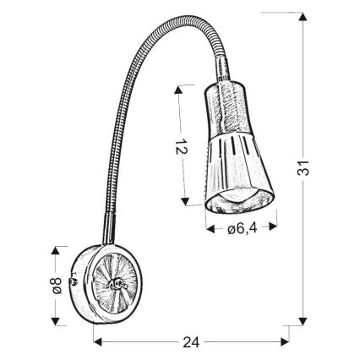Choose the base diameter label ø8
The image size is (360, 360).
pos(55,285)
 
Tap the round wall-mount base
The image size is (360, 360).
pos(110,285)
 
